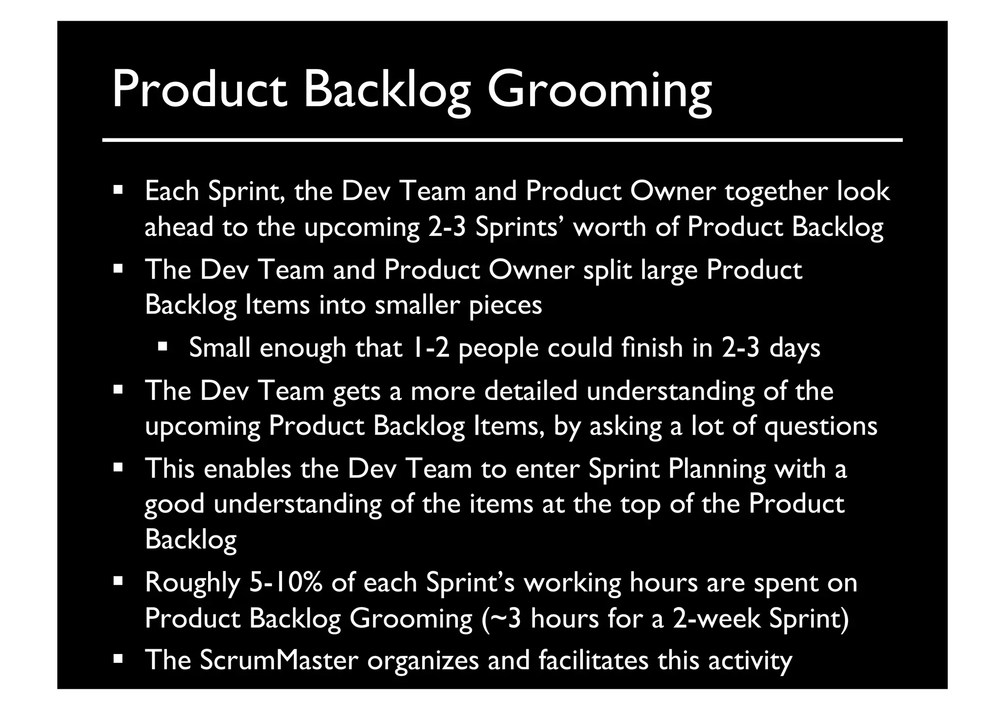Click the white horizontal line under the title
(502, 140)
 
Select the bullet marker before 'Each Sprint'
(117, 189)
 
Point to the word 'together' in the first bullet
(776, 191)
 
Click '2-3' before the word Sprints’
(447, 227)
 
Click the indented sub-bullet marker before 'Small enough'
(162, 347)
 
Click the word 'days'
(794, 348)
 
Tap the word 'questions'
(820, 426)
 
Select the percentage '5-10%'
(286, 583)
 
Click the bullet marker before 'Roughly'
(117, 581)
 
